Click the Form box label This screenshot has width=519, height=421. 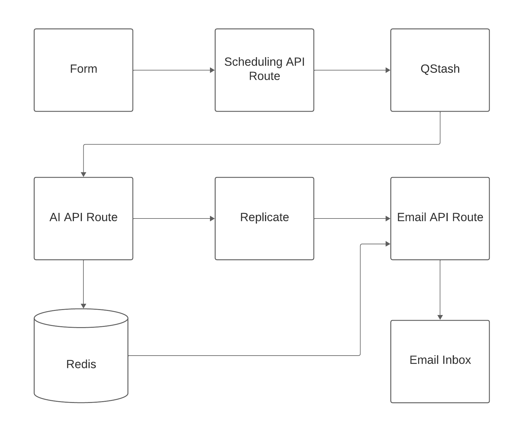click(83, 69)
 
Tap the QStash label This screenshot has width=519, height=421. click(440, 69)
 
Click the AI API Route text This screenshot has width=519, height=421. click(83, 217)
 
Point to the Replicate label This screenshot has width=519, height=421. click(264, 217)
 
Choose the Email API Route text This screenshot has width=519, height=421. click(440, 217)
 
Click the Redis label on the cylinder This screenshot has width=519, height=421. click(81, 364)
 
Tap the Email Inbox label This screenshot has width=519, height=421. click(440, 360)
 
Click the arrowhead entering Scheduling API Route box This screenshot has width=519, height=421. click(212, 70)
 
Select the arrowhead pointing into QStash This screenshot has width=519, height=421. click(388, 70)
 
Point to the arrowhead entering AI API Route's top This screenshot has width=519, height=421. click(83, 174)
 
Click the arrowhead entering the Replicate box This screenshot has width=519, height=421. click(212, 218)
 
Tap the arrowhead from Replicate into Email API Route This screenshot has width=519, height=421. click(388, 218)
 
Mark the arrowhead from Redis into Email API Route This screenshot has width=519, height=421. click(388, 244)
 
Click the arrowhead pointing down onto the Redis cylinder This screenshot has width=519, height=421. click(83, 306)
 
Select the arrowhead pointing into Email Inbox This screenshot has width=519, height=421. click(440, 317)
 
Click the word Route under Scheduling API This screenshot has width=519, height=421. click(264, 76)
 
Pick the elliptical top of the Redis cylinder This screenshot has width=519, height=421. click(81, 318)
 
